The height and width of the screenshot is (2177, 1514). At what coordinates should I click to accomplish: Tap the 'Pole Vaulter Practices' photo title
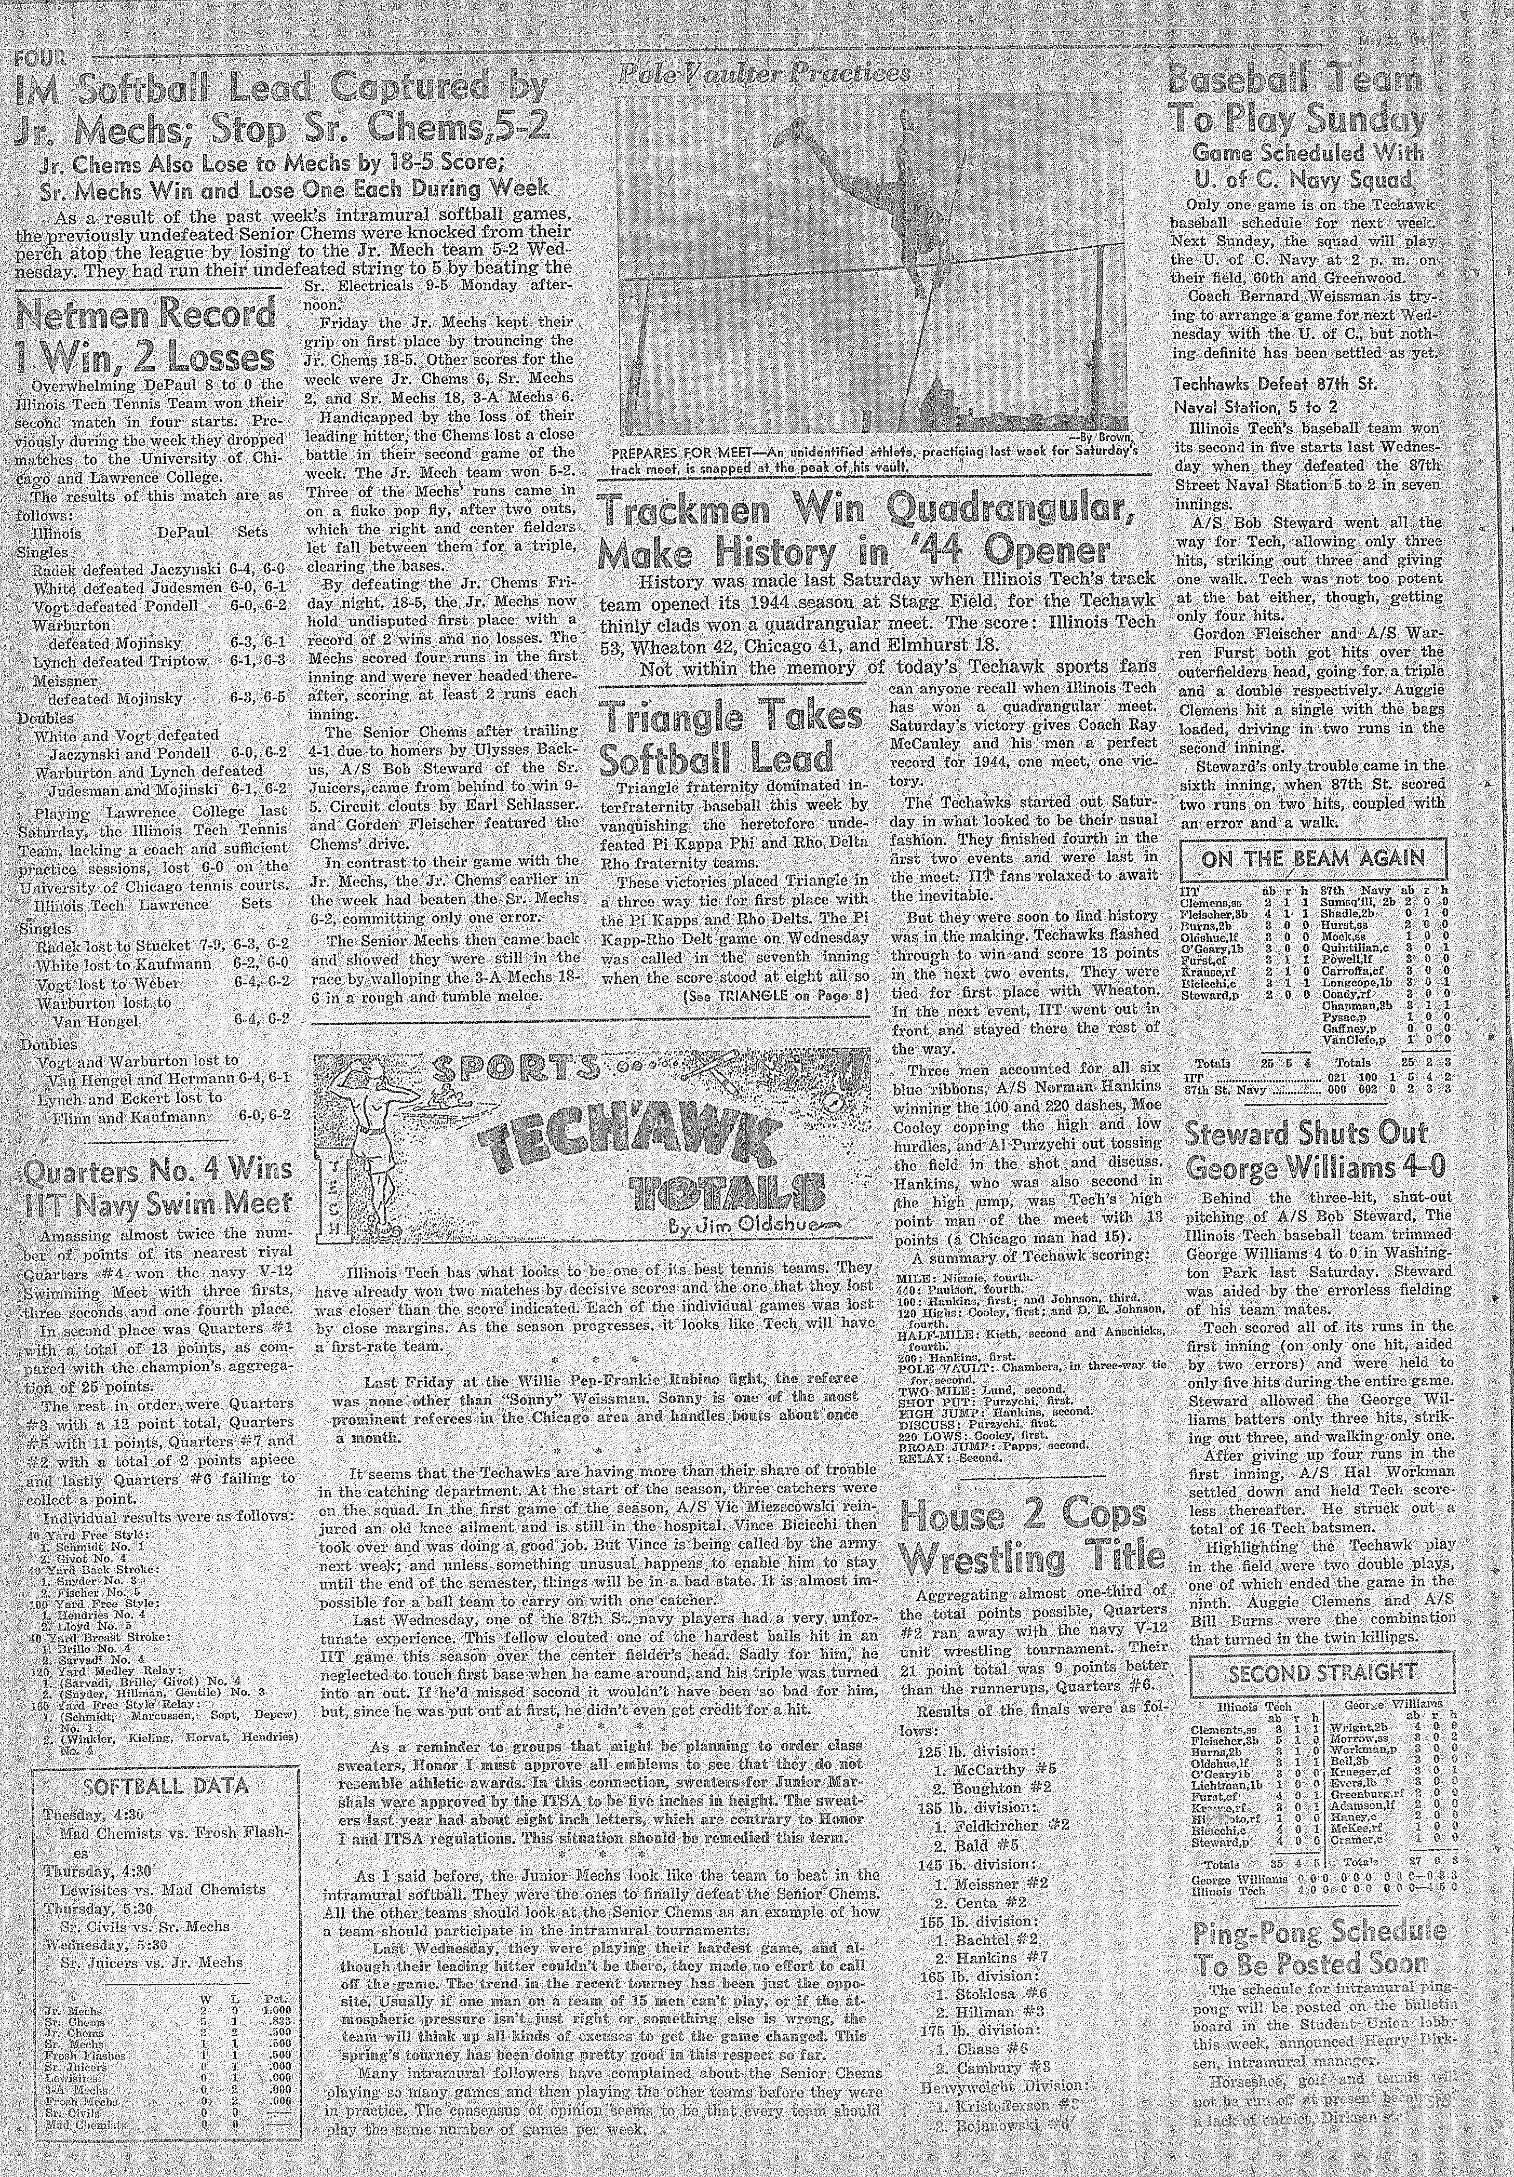pyautogui.click(x=763, y=74)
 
